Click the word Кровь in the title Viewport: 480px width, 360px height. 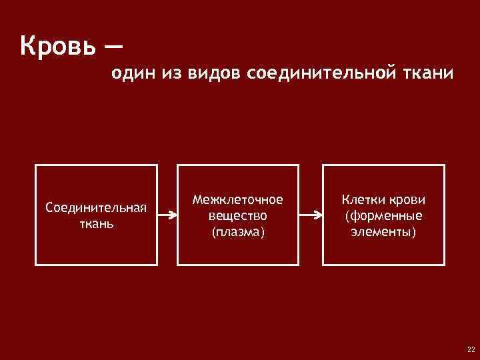[58, 47]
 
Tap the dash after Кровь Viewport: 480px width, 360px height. [113, 47]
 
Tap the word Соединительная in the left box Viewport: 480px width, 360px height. [96, 207]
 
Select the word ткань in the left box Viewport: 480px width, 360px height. [96, 223]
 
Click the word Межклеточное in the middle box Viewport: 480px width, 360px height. [237, 199]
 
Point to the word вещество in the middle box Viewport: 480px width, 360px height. [237, 215]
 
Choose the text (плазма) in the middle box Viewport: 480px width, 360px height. [237, 231]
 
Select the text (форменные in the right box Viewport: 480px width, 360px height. [383, 215]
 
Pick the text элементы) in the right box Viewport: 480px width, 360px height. [383, 231]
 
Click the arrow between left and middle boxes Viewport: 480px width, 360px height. [167, 215]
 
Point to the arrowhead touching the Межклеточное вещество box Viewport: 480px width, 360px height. [173, 215]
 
